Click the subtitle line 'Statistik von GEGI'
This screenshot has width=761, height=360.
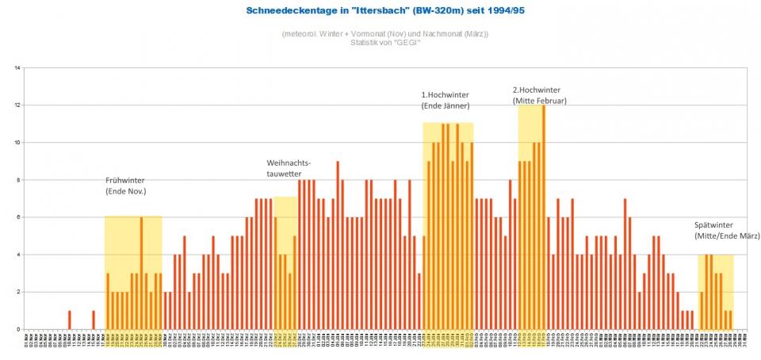click(x=384, y=42)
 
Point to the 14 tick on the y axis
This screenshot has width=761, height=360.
click(x=17, y=68)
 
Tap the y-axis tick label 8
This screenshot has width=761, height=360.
click(x=17, y=180)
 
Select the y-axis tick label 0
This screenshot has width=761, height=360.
click(x=17, y=329)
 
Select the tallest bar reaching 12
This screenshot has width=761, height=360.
click(x=544, y=216)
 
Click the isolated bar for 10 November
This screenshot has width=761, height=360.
click(x=70, y=320)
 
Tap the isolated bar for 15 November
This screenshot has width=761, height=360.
click(x=94, y=320)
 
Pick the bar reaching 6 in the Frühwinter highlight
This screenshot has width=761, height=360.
click(x=141, y=274)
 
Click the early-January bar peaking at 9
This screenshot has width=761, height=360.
click(x=338, y=246)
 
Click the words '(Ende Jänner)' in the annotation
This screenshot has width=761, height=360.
click(x=446, y=105)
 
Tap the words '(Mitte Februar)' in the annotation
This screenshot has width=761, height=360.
click(x=540, y=101)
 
